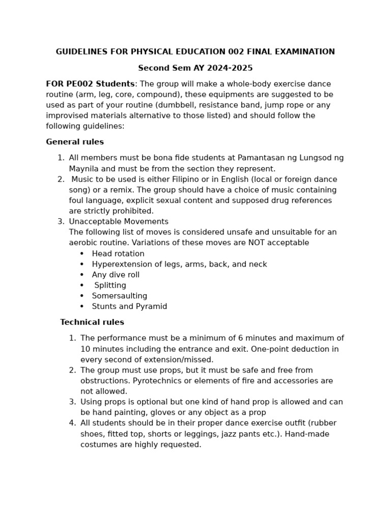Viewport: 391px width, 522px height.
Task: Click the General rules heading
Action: [x=75, y=142]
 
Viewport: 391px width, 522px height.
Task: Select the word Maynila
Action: [x=85, y=169]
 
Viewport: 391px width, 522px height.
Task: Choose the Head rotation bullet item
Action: [x=118, y=254]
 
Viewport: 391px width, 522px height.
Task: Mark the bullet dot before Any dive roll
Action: [x=82, y=275]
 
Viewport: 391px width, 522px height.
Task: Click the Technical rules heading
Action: [x=92, y=322]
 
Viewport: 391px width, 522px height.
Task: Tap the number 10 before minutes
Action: [x=86, y=349]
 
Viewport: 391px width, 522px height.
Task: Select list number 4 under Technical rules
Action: [x=72, y=423]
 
